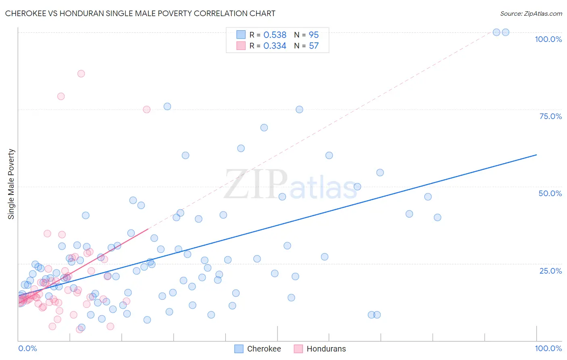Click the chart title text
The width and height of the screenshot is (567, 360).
[x=140, y=13]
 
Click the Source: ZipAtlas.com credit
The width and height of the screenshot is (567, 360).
[x=531, y=13]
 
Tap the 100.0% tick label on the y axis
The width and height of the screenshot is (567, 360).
[x=548, y=39]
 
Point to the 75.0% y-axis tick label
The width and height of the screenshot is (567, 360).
[x=550, y=116]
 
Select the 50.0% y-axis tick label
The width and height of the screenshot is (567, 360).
[x=550, y=193]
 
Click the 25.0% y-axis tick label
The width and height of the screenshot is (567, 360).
[x=550, y=270]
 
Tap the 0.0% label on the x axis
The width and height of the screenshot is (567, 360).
[x=27, y=348]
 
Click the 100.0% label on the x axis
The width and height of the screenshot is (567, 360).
[x=548, y=348]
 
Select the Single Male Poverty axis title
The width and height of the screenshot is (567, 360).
[x=11, y=184]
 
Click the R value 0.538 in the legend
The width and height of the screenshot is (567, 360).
[x=275, y=35]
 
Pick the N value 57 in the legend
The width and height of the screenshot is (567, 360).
[x=314, y=46]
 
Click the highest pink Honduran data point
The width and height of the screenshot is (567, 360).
[x=81, y=73]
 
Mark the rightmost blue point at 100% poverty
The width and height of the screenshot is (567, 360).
[x=505, y=32]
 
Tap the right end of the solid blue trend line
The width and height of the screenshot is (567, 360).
[x=536, y=155]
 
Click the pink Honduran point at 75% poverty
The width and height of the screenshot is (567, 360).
[x=147, y=109]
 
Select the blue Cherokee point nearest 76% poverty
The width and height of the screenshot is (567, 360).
[x=167, y=107]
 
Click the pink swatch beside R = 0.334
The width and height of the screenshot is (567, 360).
[x=241, y=46]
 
